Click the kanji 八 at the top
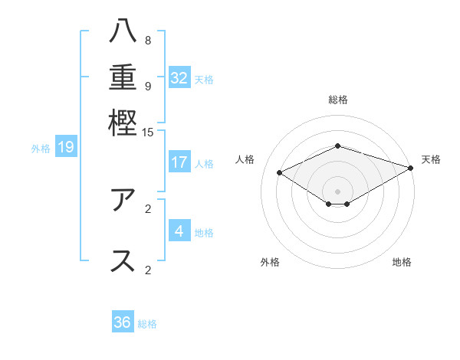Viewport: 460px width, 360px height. [x=123, y=31]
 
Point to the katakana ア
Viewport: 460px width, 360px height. [x=123, y=200]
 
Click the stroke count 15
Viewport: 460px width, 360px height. [x=147, y=133]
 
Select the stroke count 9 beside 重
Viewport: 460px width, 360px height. [x=147, y=86]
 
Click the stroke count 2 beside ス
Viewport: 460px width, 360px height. [x=147, y=270]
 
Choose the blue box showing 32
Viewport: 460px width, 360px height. [x=179, y=77]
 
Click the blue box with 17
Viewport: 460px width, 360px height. [x=179, y=162]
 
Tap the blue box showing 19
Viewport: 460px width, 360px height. [x=65, y=147]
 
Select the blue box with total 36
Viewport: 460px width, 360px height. [x=123, y=322]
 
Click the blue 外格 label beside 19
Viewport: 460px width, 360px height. [x=41, y=148]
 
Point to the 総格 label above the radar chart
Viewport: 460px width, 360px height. [x=337, y=100]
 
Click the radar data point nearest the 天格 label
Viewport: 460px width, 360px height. [x=411, y=169]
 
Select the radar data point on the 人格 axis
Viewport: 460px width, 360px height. [x=280, y=173]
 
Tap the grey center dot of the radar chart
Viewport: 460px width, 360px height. [x=337, y=191]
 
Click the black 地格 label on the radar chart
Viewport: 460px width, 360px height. [x=402, y=262]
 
